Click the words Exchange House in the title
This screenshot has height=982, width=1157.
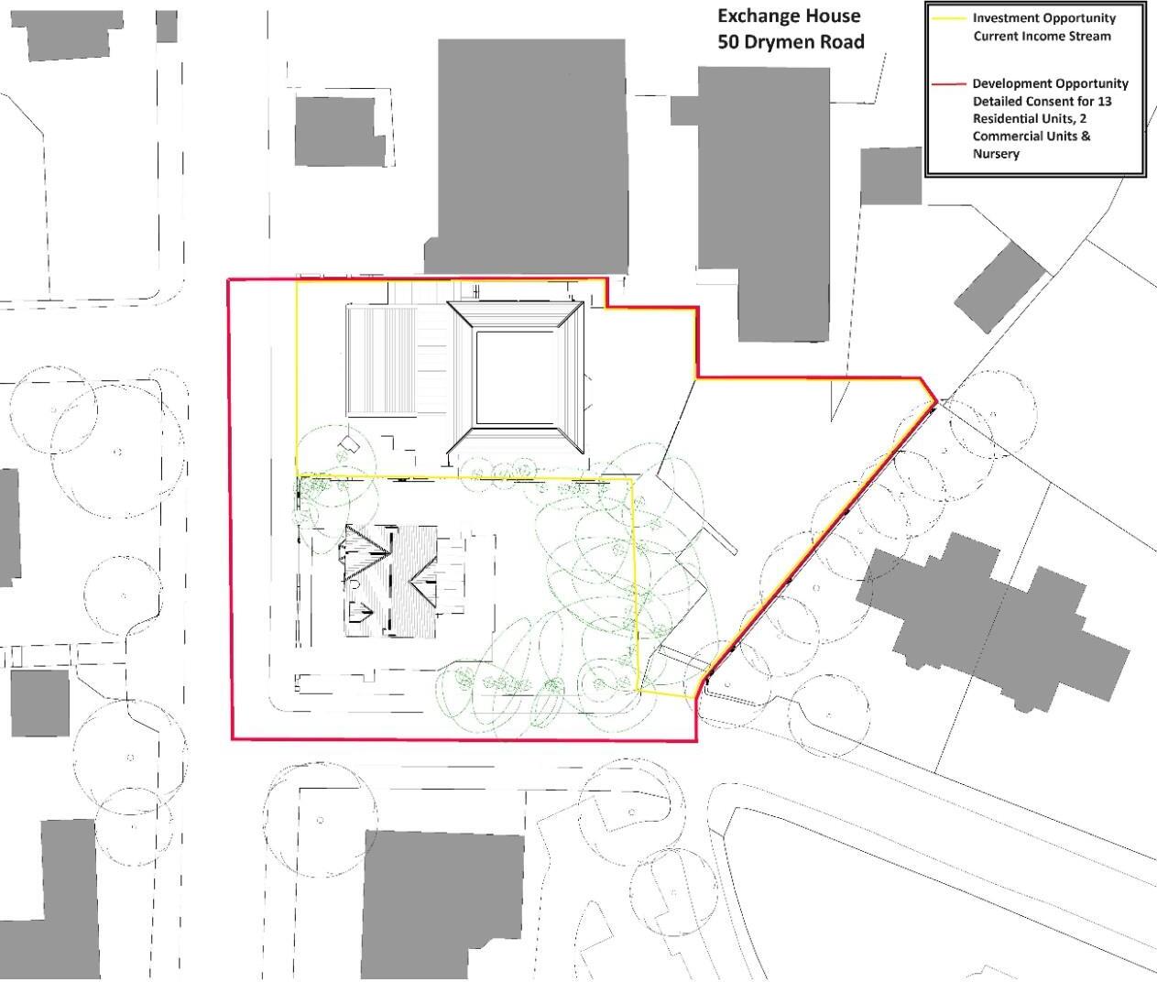789,16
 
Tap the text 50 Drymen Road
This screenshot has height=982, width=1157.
791,41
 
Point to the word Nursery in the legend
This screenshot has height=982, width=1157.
996,154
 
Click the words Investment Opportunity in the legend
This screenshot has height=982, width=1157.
1043,18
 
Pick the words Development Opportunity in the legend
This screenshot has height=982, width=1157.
1050,83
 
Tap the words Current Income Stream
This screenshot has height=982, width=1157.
1042,37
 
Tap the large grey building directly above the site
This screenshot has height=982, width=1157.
531,156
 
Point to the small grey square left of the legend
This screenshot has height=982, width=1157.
890,176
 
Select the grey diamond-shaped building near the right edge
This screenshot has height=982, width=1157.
1000,287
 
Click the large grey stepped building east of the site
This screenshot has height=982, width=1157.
989,618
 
